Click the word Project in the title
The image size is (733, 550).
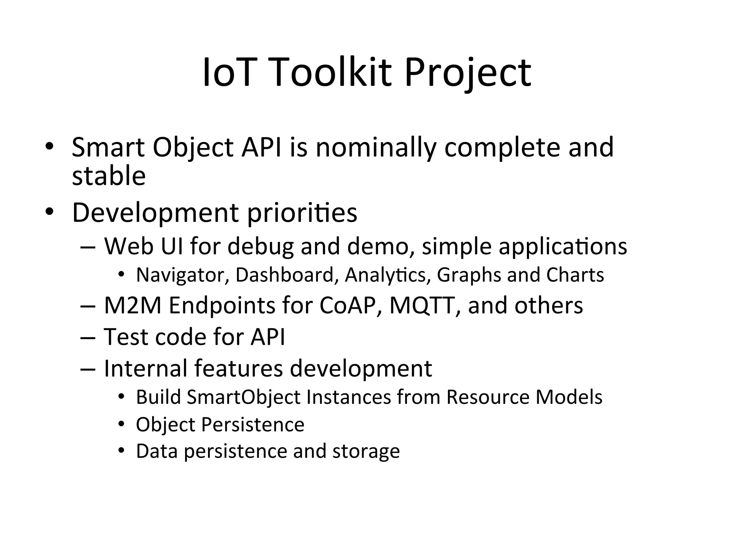[467, 73]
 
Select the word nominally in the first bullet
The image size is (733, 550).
[376, 148]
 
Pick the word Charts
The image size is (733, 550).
[575, 275]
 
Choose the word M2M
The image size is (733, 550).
[133, 305]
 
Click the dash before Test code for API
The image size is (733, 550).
[88, 337]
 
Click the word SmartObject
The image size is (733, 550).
[243, 397]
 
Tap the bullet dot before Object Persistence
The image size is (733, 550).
[121, 424]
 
